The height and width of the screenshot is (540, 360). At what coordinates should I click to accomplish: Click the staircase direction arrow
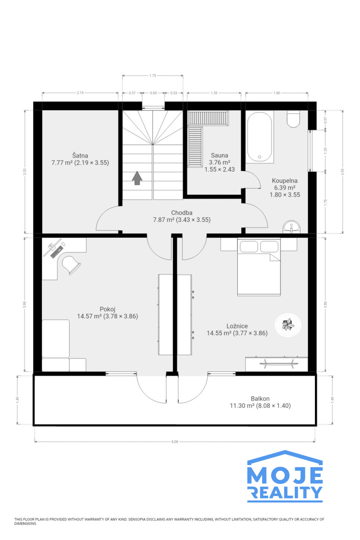[137, 178]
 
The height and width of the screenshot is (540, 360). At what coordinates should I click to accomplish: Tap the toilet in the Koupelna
[293, 119]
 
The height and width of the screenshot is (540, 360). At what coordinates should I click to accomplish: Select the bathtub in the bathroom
[259, 136]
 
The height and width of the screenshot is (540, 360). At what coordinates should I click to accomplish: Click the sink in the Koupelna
[291, 227]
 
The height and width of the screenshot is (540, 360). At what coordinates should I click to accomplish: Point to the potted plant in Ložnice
[288, 325]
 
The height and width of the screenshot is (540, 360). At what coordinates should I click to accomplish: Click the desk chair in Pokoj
[71, 265]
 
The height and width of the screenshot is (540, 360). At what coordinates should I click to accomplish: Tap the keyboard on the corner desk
[57, 252]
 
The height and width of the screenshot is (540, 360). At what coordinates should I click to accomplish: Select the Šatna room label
[80, 156]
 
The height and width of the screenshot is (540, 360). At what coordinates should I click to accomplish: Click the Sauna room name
[219, 155]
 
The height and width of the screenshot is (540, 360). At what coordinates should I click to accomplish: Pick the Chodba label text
[182, 213]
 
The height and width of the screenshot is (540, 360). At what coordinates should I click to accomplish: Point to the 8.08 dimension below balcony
[175, 442]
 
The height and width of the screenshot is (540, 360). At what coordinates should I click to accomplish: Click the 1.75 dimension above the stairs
[153, 75]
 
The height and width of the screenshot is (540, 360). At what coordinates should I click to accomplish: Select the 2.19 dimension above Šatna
[80, 93]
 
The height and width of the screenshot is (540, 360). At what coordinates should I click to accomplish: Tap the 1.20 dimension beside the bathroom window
[325, 151]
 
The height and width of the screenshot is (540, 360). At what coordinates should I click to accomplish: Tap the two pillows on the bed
[259, 247]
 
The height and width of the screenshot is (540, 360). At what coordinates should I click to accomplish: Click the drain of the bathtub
[259, 157]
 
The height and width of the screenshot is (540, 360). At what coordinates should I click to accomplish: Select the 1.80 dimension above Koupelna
[277, 93]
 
